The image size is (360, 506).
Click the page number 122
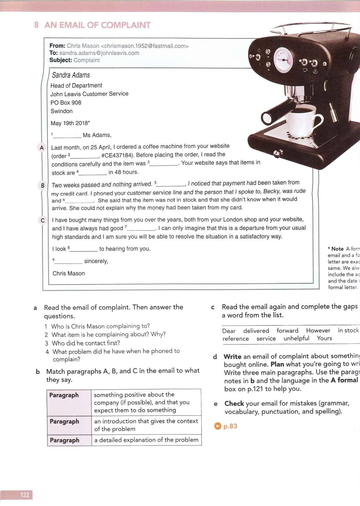[x=24, y=495]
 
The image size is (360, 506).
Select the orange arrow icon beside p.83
[x=218, y=426]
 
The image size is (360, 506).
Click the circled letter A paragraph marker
[x=42, y=148]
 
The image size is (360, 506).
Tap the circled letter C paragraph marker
[x=43, y=220]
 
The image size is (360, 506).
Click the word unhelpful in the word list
[x=296, y=338]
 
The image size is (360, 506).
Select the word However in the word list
[x=318, y=331]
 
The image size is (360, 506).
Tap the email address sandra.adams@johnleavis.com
[x=99, y=53]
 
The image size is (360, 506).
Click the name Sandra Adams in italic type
[x=71, y=75]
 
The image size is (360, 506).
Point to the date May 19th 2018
[x=69, y=123]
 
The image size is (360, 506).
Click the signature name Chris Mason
[x=69, y=274]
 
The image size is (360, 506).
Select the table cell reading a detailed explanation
[x=146, y=440]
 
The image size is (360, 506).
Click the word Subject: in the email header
[x=61, y=60]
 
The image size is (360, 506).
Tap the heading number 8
[x=36, y=25]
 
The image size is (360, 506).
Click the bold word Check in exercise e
[x=234, y=404]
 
